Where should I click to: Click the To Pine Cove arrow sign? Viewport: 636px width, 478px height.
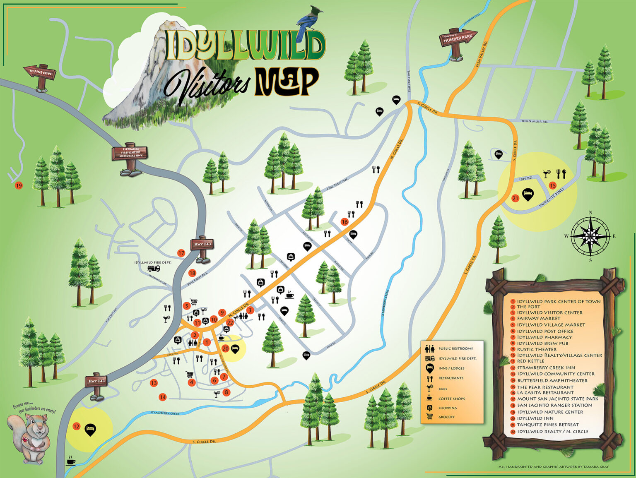coord(40,72)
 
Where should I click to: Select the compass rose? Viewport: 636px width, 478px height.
coord(590,237)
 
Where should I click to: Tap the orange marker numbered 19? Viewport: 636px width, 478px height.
coord(18,186)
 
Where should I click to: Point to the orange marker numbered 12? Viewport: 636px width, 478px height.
coord(76,426)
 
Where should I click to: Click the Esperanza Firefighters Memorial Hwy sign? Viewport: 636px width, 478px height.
coord(129,152)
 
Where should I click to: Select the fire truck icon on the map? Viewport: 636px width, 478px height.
coord(154,268)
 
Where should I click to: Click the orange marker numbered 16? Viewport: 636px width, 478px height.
coord(344,222)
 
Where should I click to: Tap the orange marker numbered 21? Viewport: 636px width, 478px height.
coord(515,198)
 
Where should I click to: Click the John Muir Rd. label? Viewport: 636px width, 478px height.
coord(534,122)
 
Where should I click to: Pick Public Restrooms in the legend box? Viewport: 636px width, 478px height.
coord(455,348)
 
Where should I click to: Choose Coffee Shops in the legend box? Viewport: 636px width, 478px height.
coord(451,399)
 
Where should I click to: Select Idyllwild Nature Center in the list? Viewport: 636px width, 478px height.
coord(549,412)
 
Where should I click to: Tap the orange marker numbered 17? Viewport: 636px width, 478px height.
coord(181,253)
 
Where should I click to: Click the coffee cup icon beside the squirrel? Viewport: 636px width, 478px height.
coord(71,461)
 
